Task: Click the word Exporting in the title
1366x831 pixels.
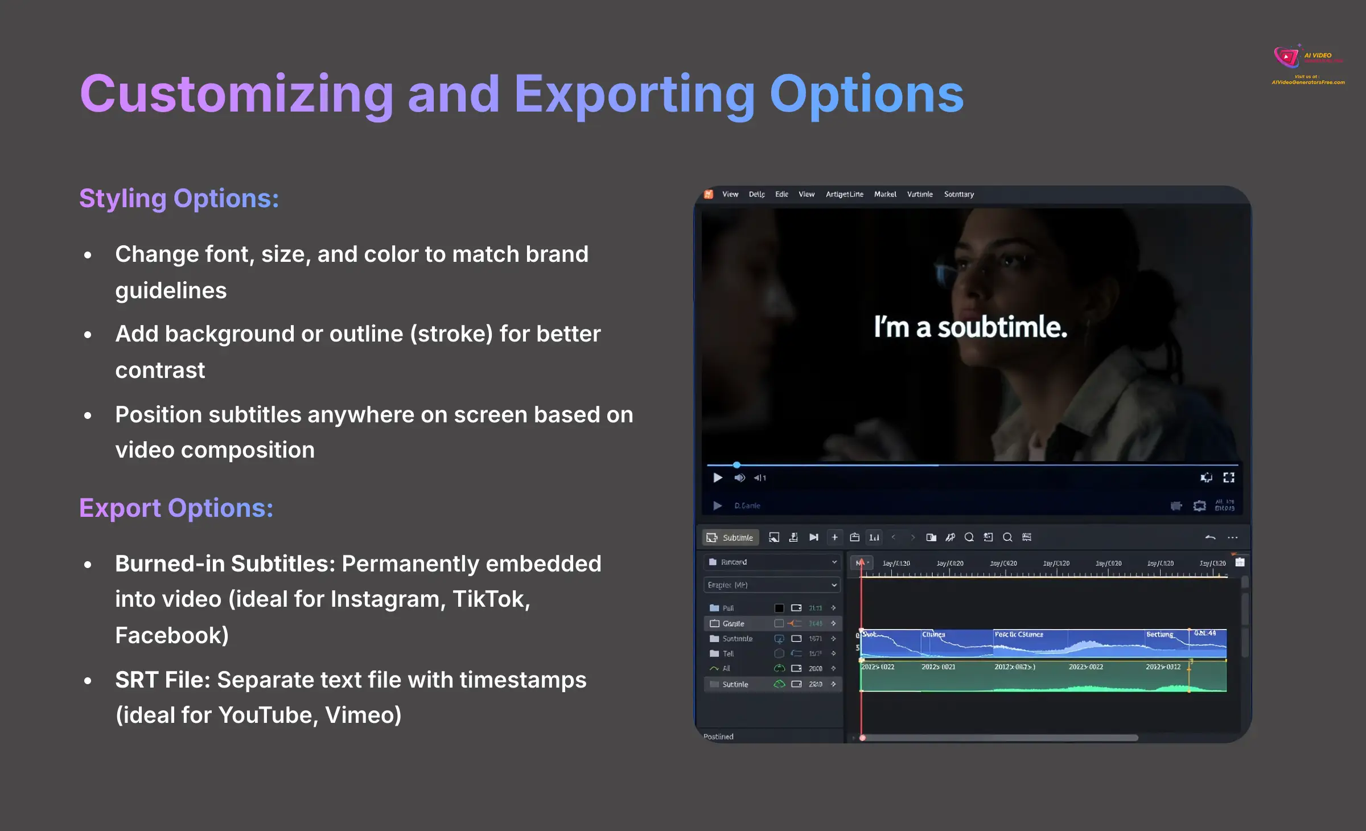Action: tap(635, 94)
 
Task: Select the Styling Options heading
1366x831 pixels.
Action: tap(179, 199)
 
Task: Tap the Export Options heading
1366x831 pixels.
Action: tap(176, 508)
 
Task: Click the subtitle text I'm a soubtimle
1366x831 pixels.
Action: tap(970, 327)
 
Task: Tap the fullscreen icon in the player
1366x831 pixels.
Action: tap(1229, 478)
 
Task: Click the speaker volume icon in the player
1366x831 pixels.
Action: tap(739, 478)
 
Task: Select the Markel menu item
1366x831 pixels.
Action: tap(884, 194)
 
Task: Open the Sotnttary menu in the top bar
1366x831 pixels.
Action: tap(958, 194)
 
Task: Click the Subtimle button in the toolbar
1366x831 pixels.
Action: tap(730, 537)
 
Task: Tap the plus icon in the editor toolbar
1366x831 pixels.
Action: tap(834, 537)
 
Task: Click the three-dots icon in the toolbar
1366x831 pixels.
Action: tap(1232, 537)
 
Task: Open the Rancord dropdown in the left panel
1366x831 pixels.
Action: tap(772, 562)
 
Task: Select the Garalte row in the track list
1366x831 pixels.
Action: tap(733, 623)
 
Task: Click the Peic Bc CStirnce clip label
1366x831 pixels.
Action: tap(1018, 634)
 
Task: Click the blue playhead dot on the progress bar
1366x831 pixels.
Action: tap(737, 464)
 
